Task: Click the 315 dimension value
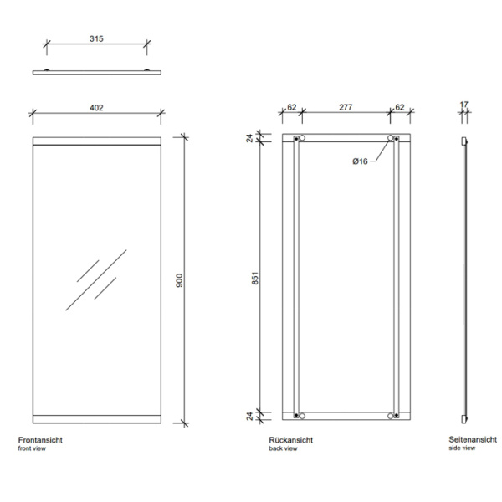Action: [96, 38]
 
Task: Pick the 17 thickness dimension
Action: [464, 105]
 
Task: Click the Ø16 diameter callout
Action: [361, 161]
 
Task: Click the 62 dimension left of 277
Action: [292, 107]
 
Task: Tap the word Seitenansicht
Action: [473, 440]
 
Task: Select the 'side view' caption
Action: [462, 449]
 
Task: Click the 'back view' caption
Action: [283, 449]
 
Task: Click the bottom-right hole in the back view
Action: [391, 414]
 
